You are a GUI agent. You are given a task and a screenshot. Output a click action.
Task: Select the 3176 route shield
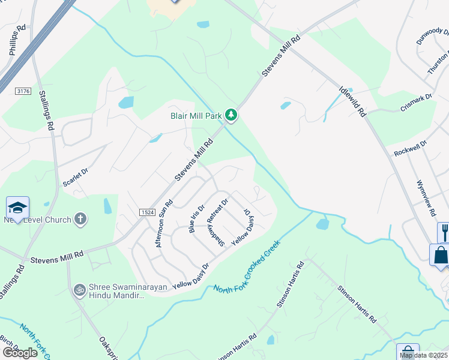[23, 91]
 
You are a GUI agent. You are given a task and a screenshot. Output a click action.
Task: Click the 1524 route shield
[148, 212]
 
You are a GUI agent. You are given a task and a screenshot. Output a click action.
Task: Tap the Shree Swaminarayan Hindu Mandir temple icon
[78, 290]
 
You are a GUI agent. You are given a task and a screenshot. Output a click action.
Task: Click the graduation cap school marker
[17, 208]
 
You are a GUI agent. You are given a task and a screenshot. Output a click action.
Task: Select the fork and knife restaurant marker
[444, 231]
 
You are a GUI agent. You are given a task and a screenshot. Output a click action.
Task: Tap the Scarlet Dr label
[76, 178]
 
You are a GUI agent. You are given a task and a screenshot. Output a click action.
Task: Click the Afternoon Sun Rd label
[164, 223]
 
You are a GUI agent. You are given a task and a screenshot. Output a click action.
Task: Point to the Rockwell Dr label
[410, 149]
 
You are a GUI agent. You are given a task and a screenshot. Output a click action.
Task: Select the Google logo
[20, 353]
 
